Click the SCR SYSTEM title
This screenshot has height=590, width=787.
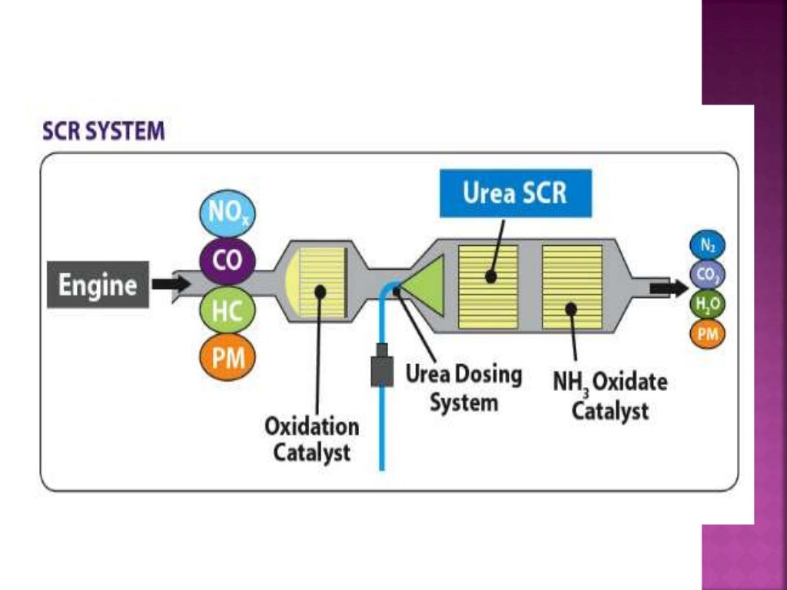[x=103, y=131]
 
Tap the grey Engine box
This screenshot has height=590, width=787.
[x=98, y=286]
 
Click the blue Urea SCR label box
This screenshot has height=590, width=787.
[x=515, y=193]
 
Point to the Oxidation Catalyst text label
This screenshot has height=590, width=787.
[x=311, y=439]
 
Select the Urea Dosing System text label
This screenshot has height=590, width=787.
[x=463, y=388]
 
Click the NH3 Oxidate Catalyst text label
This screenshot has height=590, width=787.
[x=609, y=395]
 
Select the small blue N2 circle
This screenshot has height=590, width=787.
[x=707, y=246]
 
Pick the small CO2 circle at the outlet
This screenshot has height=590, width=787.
[x=707, y=274]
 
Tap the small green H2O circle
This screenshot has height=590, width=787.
[x=707, y=303]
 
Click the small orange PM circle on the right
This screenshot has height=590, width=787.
[x=707, y=333]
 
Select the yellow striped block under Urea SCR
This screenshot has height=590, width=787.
[x=488, y=287]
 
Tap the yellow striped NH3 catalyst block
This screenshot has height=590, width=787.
[x=572, y=287]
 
